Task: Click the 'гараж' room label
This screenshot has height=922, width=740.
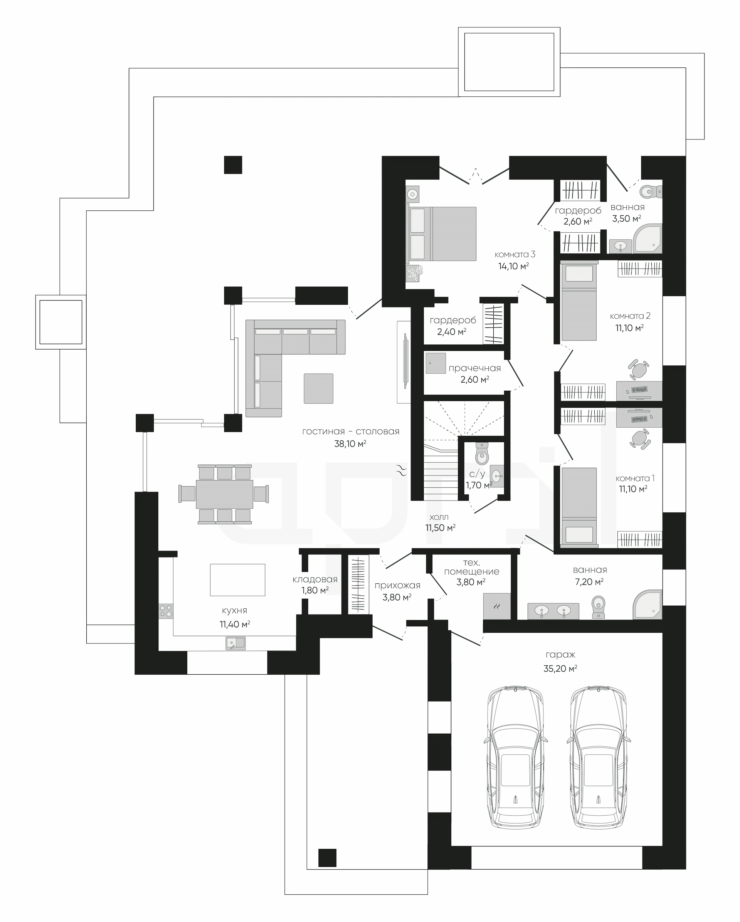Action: click(x=560, y=655)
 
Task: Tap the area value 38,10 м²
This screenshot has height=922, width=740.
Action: click(x=350, y=444)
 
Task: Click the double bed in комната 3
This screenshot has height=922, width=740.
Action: click(x=441, y=234)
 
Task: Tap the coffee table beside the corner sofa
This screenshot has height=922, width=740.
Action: click(x=318, y=388)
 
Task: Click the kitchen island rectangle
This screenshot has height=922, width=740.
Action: click(x=237, y=579)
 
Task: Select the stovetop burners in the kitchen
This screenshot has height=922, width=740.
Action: click(x=166, y=611)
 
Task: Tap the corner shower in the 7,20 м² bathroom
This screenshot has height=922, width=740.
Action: click(x=647, y=604)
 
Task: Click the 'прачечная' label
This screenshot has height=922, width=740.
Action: click(x=474, y=368)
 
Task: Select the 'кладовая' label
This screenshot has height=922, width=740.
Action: click(x=315, y=579)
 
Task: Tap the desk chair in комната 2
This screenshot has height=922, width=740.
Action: click(x=639, y=369)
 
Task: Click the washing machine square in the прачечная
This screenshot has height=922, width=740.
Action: click(x=436, y=363)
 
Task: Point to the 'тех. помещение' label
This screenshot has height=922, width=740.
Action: click(x=471, y=567)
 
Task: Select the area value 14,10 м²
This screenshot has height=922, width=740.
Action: click(x=514, y=266)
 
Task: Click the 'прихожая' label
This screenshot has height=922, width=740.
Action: click(x=397, y=585)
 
